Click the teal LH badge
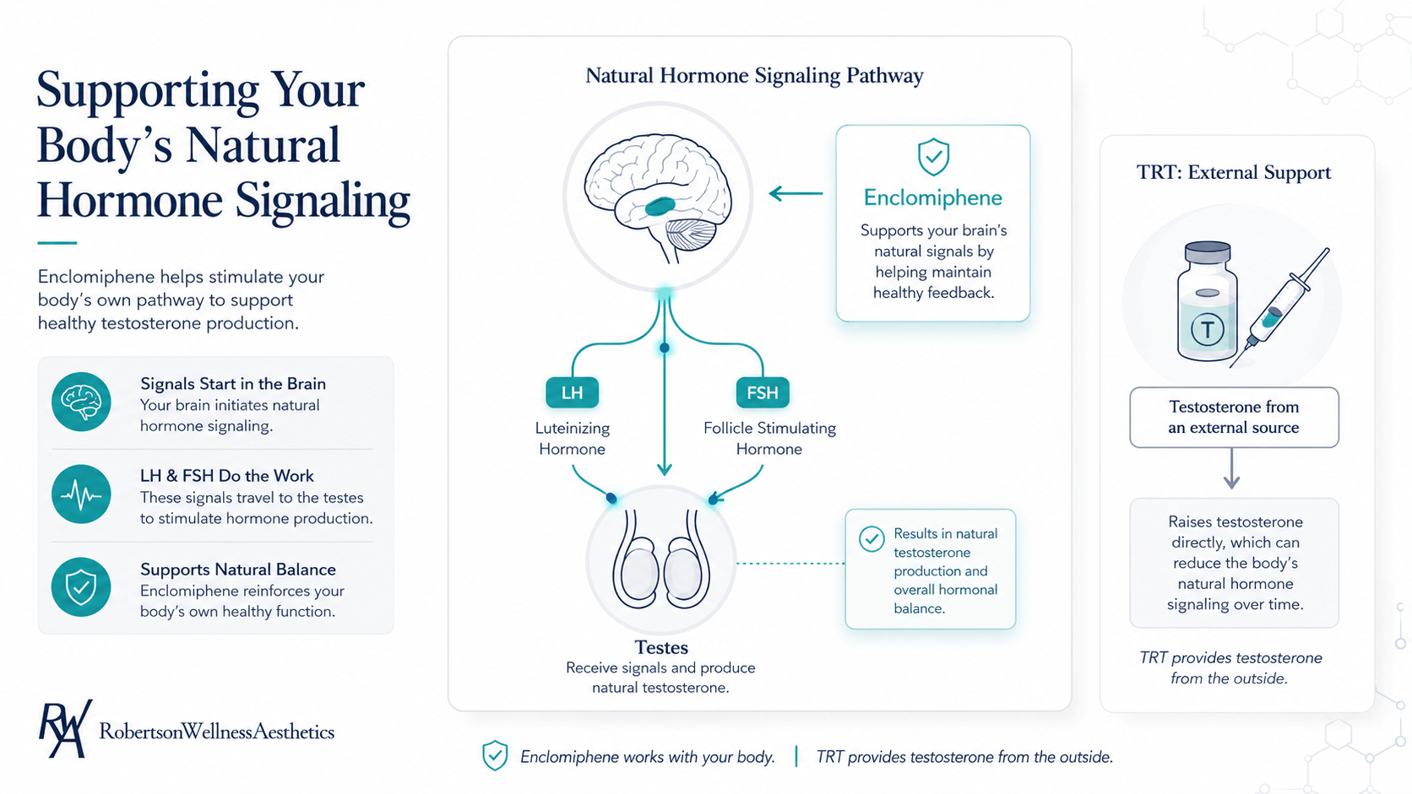pos(572,393)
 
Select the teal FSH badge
pos(762,393)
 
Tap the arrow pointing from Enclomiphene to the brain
pos(796,193)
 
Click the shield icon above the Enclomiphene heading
pos(933,157)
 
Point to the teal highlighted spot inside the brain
pos(660,206)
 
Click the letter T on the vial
pos(1207,329)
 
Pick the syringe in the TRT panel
pos(1279,307)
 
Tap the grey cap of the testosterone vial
pos(1207,251)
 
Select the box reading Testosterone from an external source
pos(1234,418)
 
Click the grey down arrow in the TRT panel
pos(1232,469)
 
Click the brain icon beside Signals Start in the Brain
pos(81,402)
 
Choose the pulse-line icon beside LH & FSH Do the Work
pos(81,494)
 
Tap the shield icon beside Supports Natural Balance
pos(81,586)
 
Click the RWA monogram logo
pos(65,728)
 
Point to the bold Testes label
pos(661,647)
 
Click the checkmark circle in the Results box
pos(872,539)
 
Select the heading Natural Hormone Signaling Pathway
pos(754,76)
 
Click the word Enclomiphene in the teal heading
pos(933,197)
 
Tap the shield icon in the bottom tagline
pos(495,755)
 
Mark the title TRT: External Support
pos(1234,172)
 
